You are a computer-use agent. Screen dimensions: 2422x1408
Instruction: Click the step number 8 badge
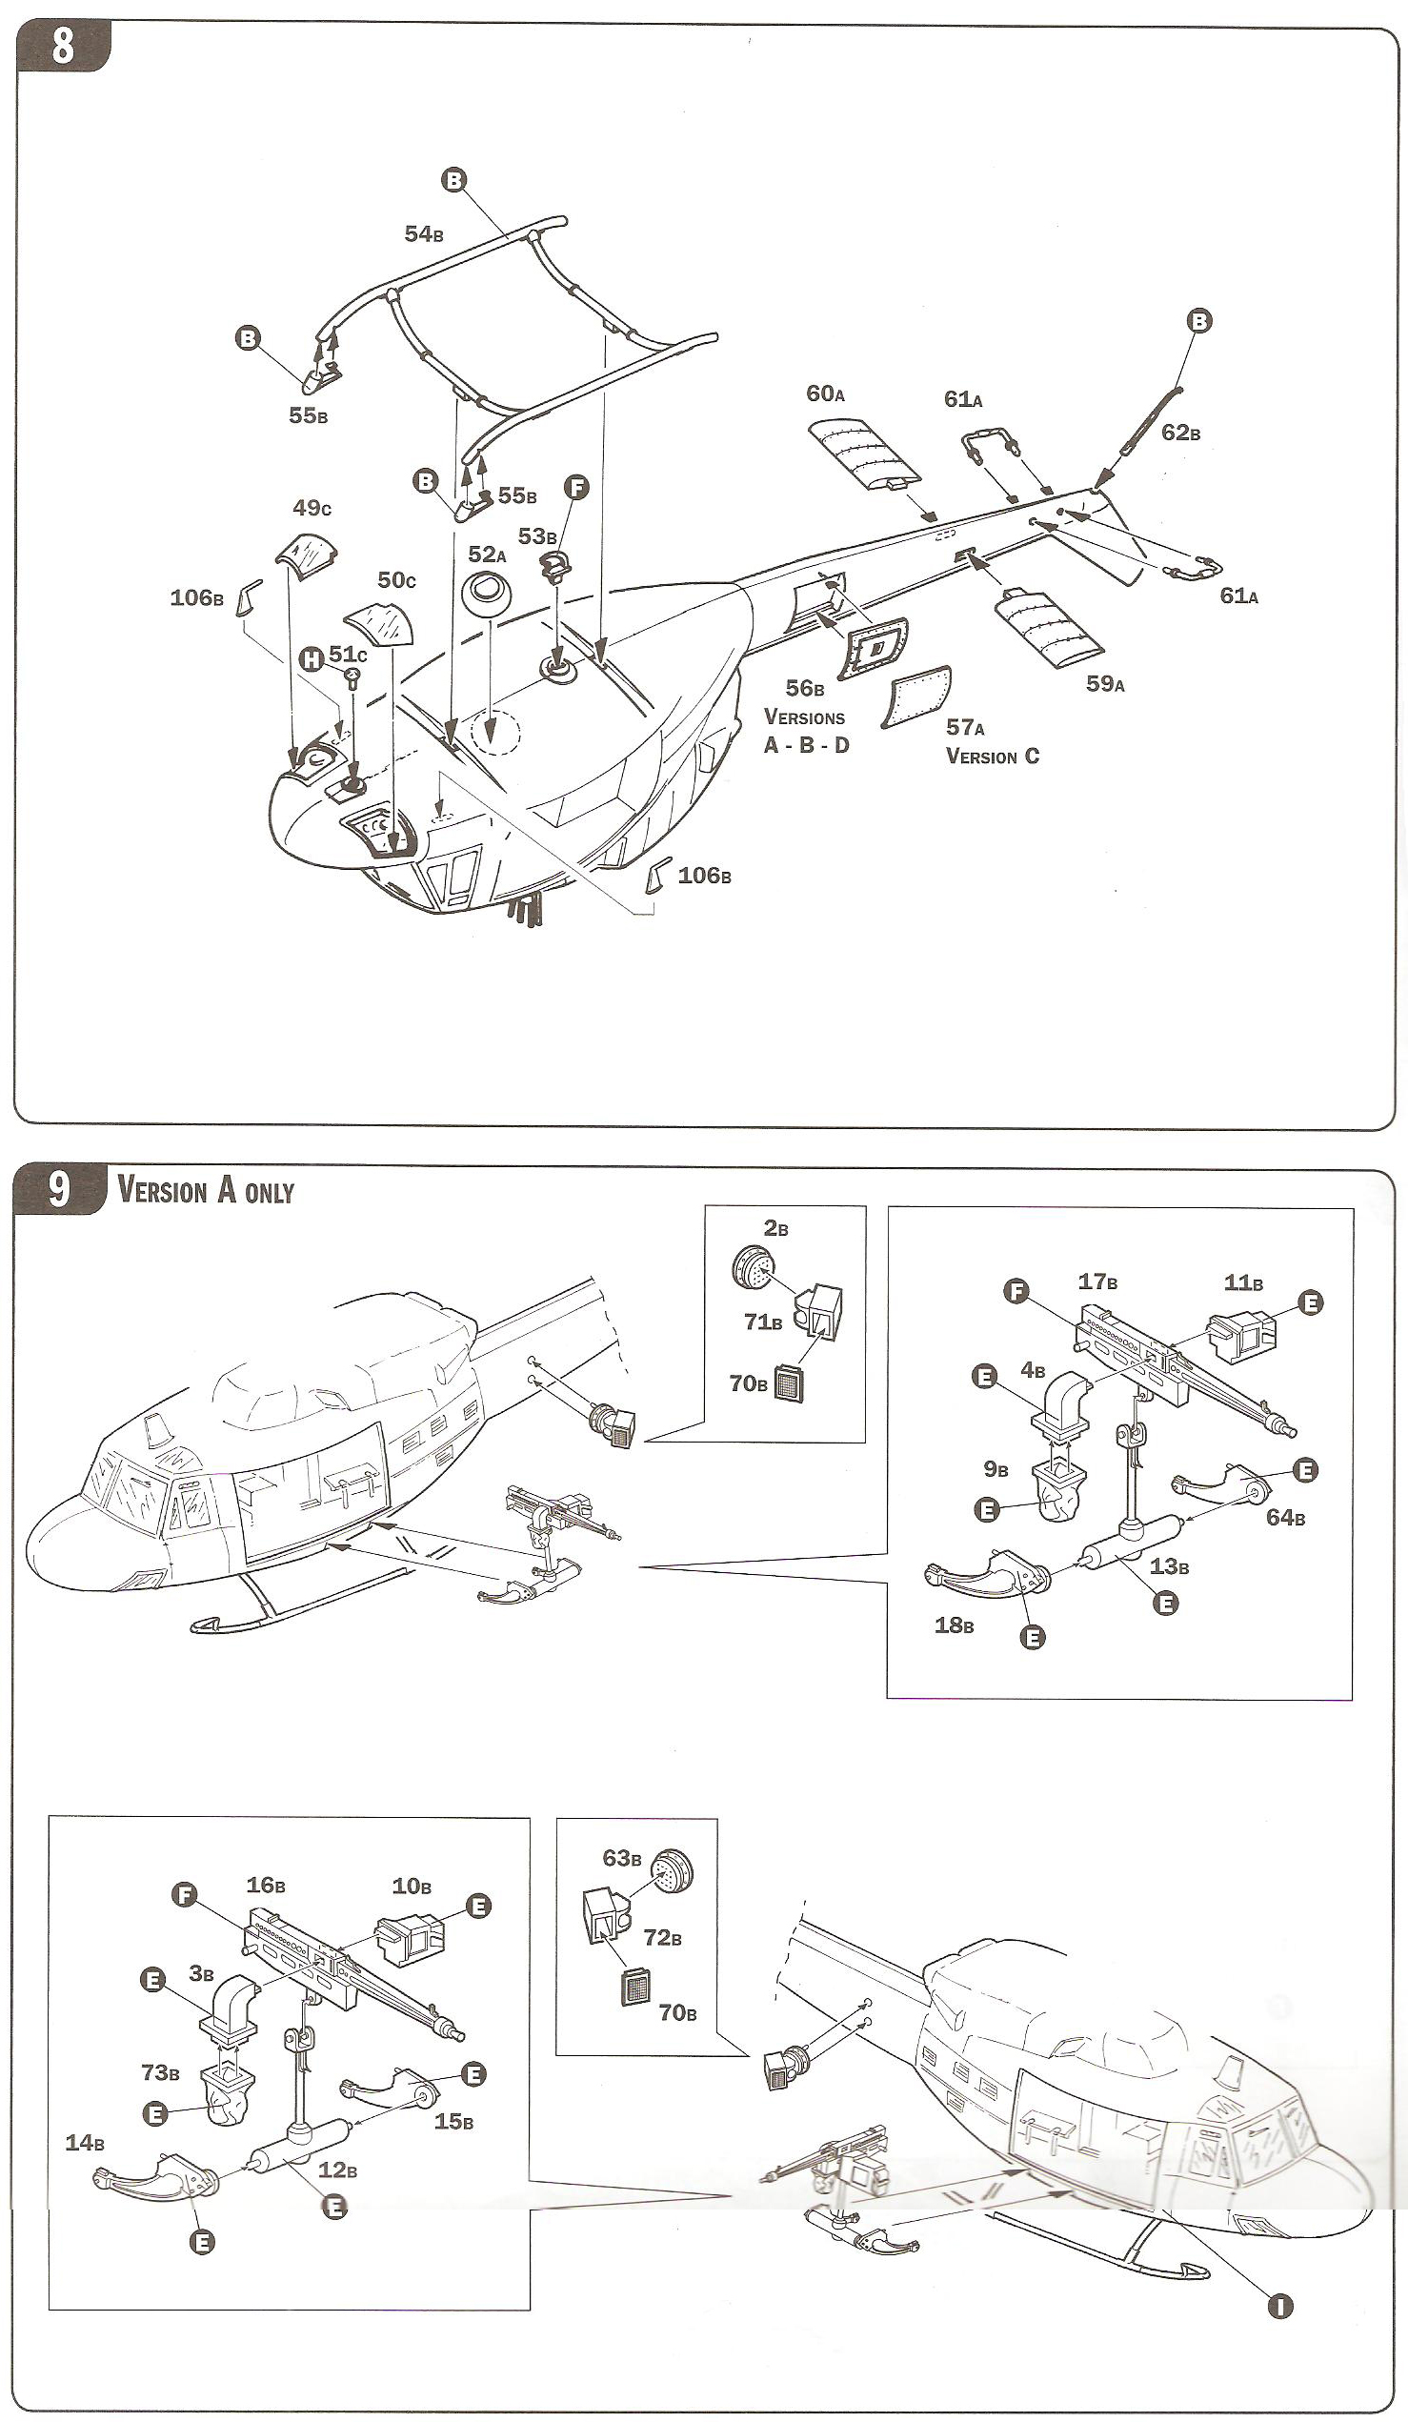click(63, 46)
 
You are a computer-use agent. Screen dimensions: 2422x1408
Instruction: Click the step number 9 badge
click(60, 1189)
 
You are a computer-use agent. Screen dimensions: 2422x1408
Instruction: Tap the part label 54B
click(423, 233)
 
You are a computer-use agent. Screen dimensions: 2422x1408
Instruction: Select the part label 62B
click(1180, 433)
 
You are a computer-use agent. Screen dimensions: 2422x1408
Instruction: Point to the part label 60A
click(825, 394)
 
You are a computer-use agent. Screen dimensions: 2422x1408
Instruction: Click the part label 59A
click(1105, 683)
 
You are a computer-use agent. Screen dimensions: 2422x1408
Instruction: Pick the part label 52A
click(486, 555)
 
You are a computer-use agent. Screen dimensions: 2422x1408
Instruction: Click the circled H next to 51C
click(311, 659)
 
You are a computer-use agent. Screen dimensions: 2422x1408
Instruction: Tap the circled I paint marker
click(1280, 2305)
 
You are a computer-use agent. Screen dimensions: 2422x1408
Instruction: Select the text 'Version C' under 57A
click(993, 757)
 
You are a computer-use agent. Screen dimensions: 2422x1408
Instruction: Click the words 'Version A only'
click(206, 1191)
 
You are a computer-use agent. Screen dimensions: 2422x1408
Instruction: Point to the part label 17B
click(1096, 1282)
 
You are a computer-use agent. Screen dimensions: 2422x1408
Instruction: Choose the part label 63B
click(621, 1859)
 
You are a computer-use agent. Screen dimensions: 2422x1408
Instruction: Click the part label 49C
click(312, 508)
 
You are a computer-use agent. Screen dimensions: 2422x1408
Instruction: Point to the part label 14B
click(85, 2142)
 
